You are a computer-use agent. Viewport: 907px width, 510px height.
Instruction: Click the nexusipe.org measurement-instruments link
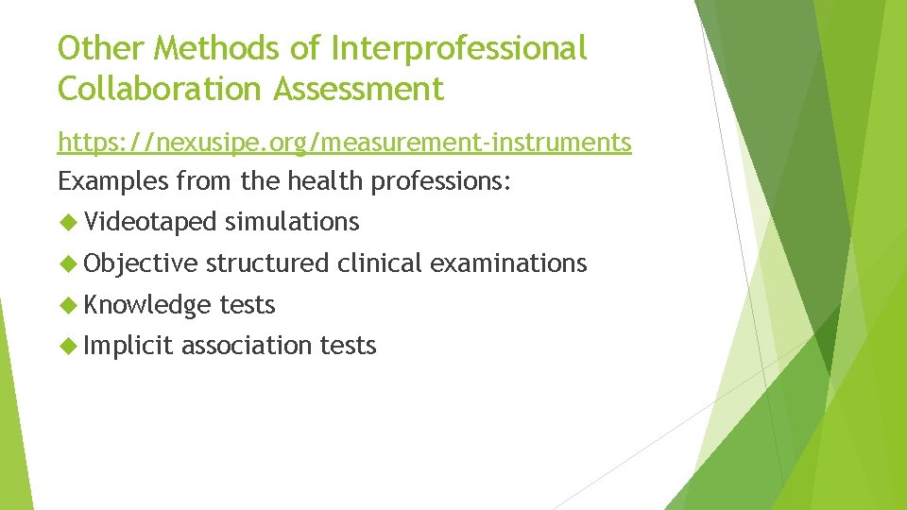point(344,143)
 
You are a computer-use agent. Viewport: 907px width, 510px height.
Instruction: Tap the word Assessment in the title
point(358,89)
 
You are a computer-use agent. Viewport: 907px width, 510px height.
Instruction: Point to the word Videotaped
point(150,222)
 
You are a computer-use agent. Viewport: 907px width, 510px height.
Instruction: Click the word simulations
point(292,222)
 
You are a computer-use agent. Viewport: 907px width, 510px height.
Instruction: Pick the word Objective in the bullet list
point(141,263)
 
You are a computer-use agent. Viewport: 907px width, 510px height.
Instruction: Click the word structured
point(266,263)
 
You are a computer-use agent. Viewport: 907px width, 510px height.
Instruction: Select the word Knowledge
point(147,305)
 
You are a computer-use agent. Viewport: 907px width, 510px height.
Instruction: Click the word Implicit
point(128,347)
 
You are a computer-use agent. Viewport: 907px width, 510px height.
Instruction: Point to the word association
point(247,347)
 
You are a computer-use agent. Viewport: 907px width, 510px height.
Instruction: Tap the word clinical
point(379,263)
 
